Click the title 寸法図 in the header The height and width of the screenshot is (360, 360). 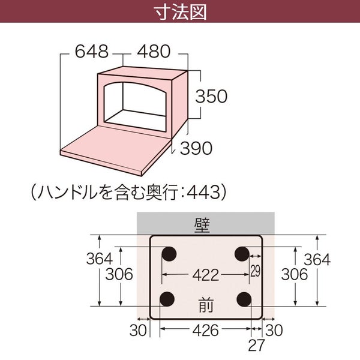point(180,12)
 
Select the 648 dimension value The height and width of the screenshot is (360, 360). point(92,52)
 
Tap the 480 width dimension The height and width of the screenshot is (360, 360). point(154,52)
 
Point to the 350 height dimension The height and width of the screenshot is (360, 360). point(211,96)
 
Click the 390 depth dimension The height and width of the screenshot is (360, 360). point(196,148)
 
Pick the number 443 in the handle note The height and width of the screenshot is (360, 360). point(203,192)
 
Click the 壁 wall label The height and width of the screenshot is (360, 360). point(202,225)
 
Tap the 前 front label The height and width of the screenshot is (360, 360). point(206,305)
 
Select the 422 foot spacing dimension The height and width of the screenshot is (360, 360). point(205,275)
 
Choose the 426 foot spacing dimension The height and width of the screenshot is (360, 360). point(205,331)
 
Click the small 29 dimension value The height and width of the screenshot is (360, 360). point(256,271)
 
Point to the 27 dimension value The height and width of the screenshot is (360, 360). point(256,345)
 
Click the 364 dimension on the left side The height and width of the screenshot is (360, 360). point(100,259)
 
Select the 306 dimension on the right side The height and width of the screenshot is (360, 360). point(295,274)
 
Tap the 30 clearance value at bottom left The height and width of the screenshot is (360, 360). point(138,331)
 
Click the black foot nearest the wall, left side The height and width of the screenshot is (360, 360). point(169,254)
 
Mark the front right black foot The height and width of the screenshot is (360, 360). point(244,299)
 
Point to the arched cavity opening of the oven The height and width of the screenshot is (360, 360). point(135,107)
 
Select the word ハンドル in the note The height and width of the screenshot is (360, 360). point(67,192)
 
